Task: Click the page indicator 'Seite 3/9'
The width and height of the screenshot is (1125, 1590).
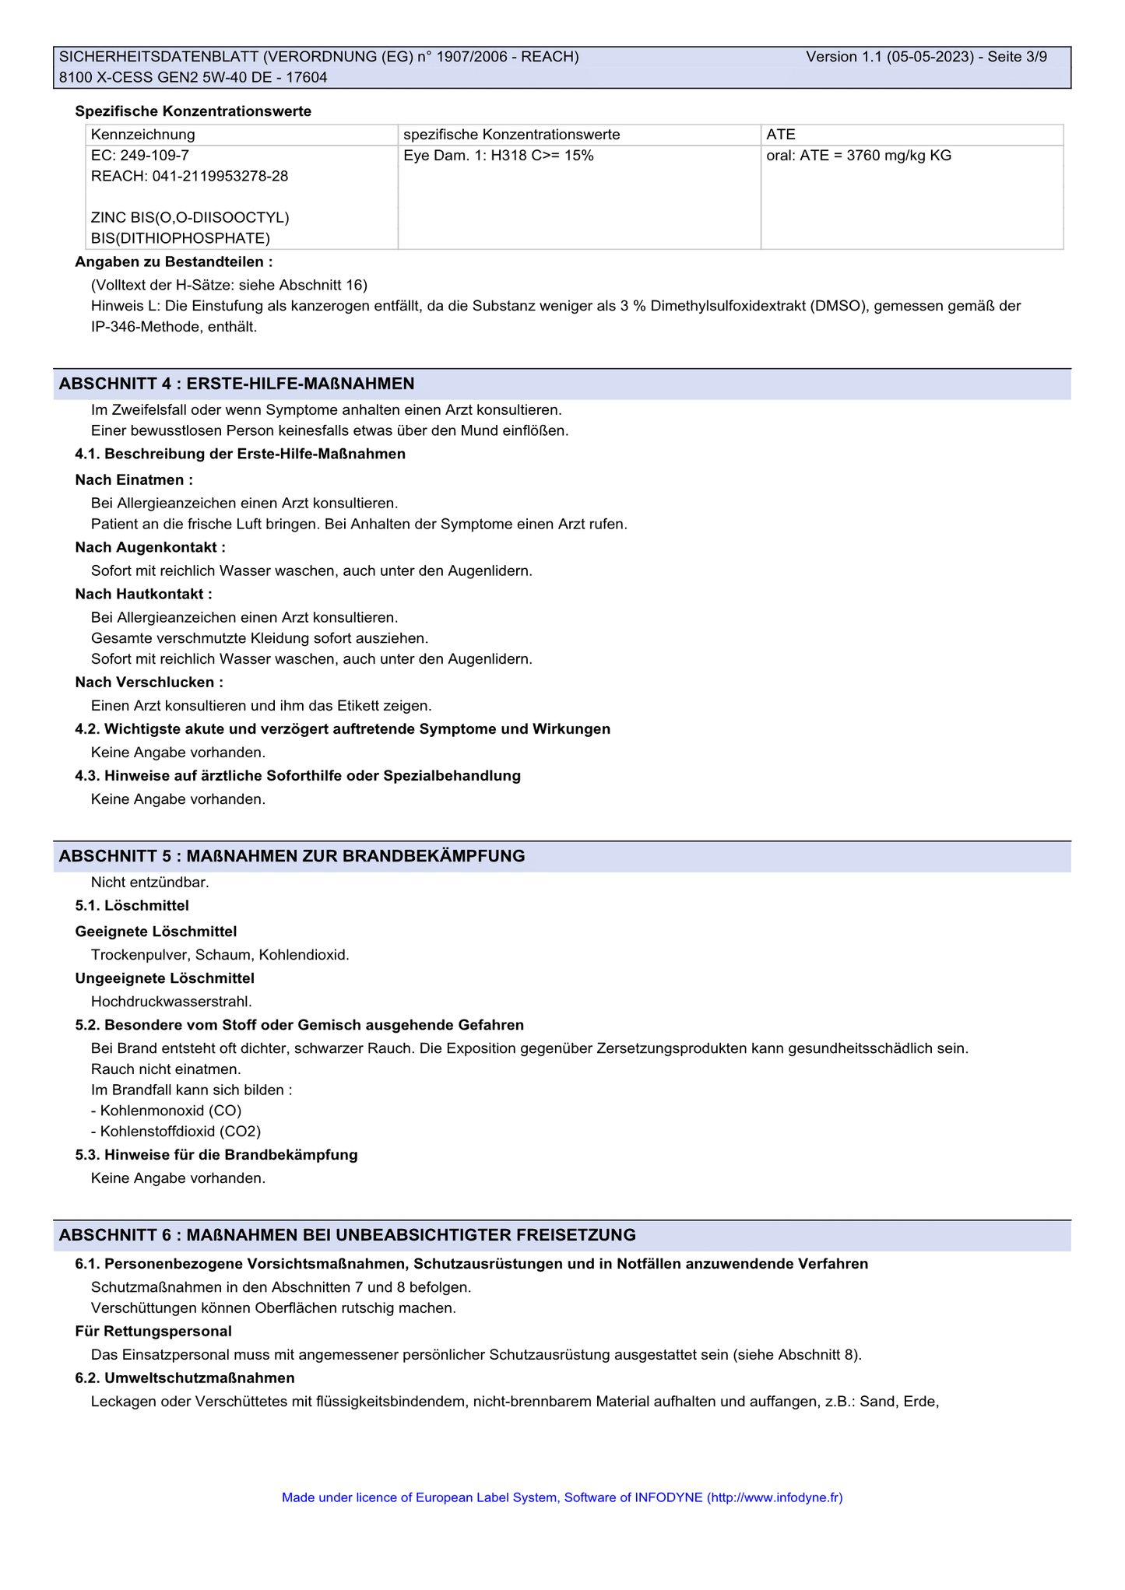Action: (x=1017, y=57)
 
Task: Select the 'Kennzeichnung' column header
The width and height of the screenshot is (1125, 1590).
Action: (x=142, y=135)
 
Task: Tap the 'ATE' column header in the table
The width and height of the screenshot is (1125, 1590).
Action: (x=781, y=135)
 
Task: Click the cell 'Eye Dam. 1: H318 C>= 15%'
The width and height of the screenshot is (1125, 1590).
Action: (x=498, y=156)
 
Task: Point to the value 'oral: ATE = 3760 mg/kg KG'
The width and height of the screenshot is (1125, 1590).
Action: (x=859, y=156)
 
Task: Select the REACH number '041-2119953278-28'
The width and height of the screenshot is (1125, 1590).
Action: (x=220, y=176)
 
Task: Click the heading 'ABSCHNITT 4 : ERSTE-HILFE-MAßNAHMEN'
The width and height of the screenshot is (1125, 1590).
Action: (x=237, y=384)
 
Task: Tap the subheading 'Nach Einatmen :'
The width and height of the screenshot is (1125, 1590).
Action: (x=134, y=480)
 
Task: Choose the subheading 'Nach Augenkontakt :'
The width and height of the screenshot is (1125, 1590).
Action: (x=150, y=548)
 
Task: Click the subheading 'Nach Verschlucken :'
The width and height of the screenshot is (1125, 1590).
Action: (x=149, y=683)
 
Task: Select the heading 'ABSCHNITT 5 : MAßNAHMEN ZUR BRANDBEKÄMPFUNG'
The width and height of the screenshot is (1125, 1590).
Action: (x=292, y=856)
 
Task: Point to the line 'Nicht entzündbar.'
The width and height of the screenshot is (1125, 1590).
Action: (x=150, y=883)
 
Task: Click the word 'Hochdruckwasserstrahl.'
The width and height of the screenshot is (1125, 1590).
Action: (x=171, y=1002)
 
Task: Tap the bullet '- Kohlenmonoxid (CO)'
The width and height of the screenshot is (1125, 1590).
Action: (x=166, y=1111)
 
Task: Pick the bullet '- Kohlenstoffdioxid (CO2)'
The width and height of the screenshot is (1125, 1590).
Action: (x=176, y=1132)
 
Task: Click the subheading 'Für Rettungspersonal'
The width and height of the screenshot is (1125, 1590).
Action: (x=153, y=1332)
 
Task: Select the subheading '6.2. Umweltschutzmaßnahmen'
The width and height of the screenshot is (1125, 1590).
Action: (x=185, y=1378)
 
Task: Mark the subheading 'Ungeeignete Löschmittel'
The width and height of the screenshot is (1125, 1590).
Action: (x=165, y=978)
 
